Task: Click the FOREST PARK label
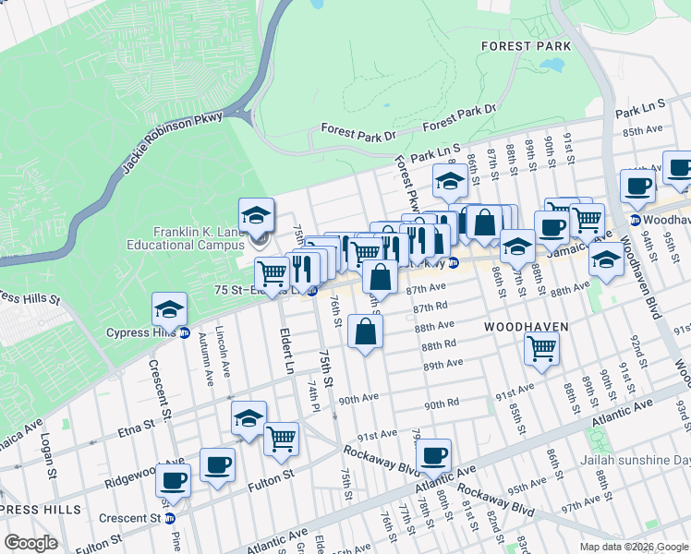pos(526,44)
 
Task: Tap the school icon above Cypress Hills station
pos(170,309)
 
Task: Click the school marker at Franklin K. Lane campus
pos(256,217)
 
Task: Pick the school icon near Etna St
pos(249,419)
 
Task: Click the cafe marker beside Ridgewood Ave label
pos(217,464)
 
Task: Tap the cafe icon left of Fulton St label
pos(174,480)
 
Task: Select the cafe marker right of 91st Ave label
pos(433,455)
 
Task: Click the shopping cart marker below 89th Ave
pos(541,349)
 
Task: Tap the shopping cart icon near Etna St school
pos(281,438)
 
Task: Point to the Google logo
pos(30,543)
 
